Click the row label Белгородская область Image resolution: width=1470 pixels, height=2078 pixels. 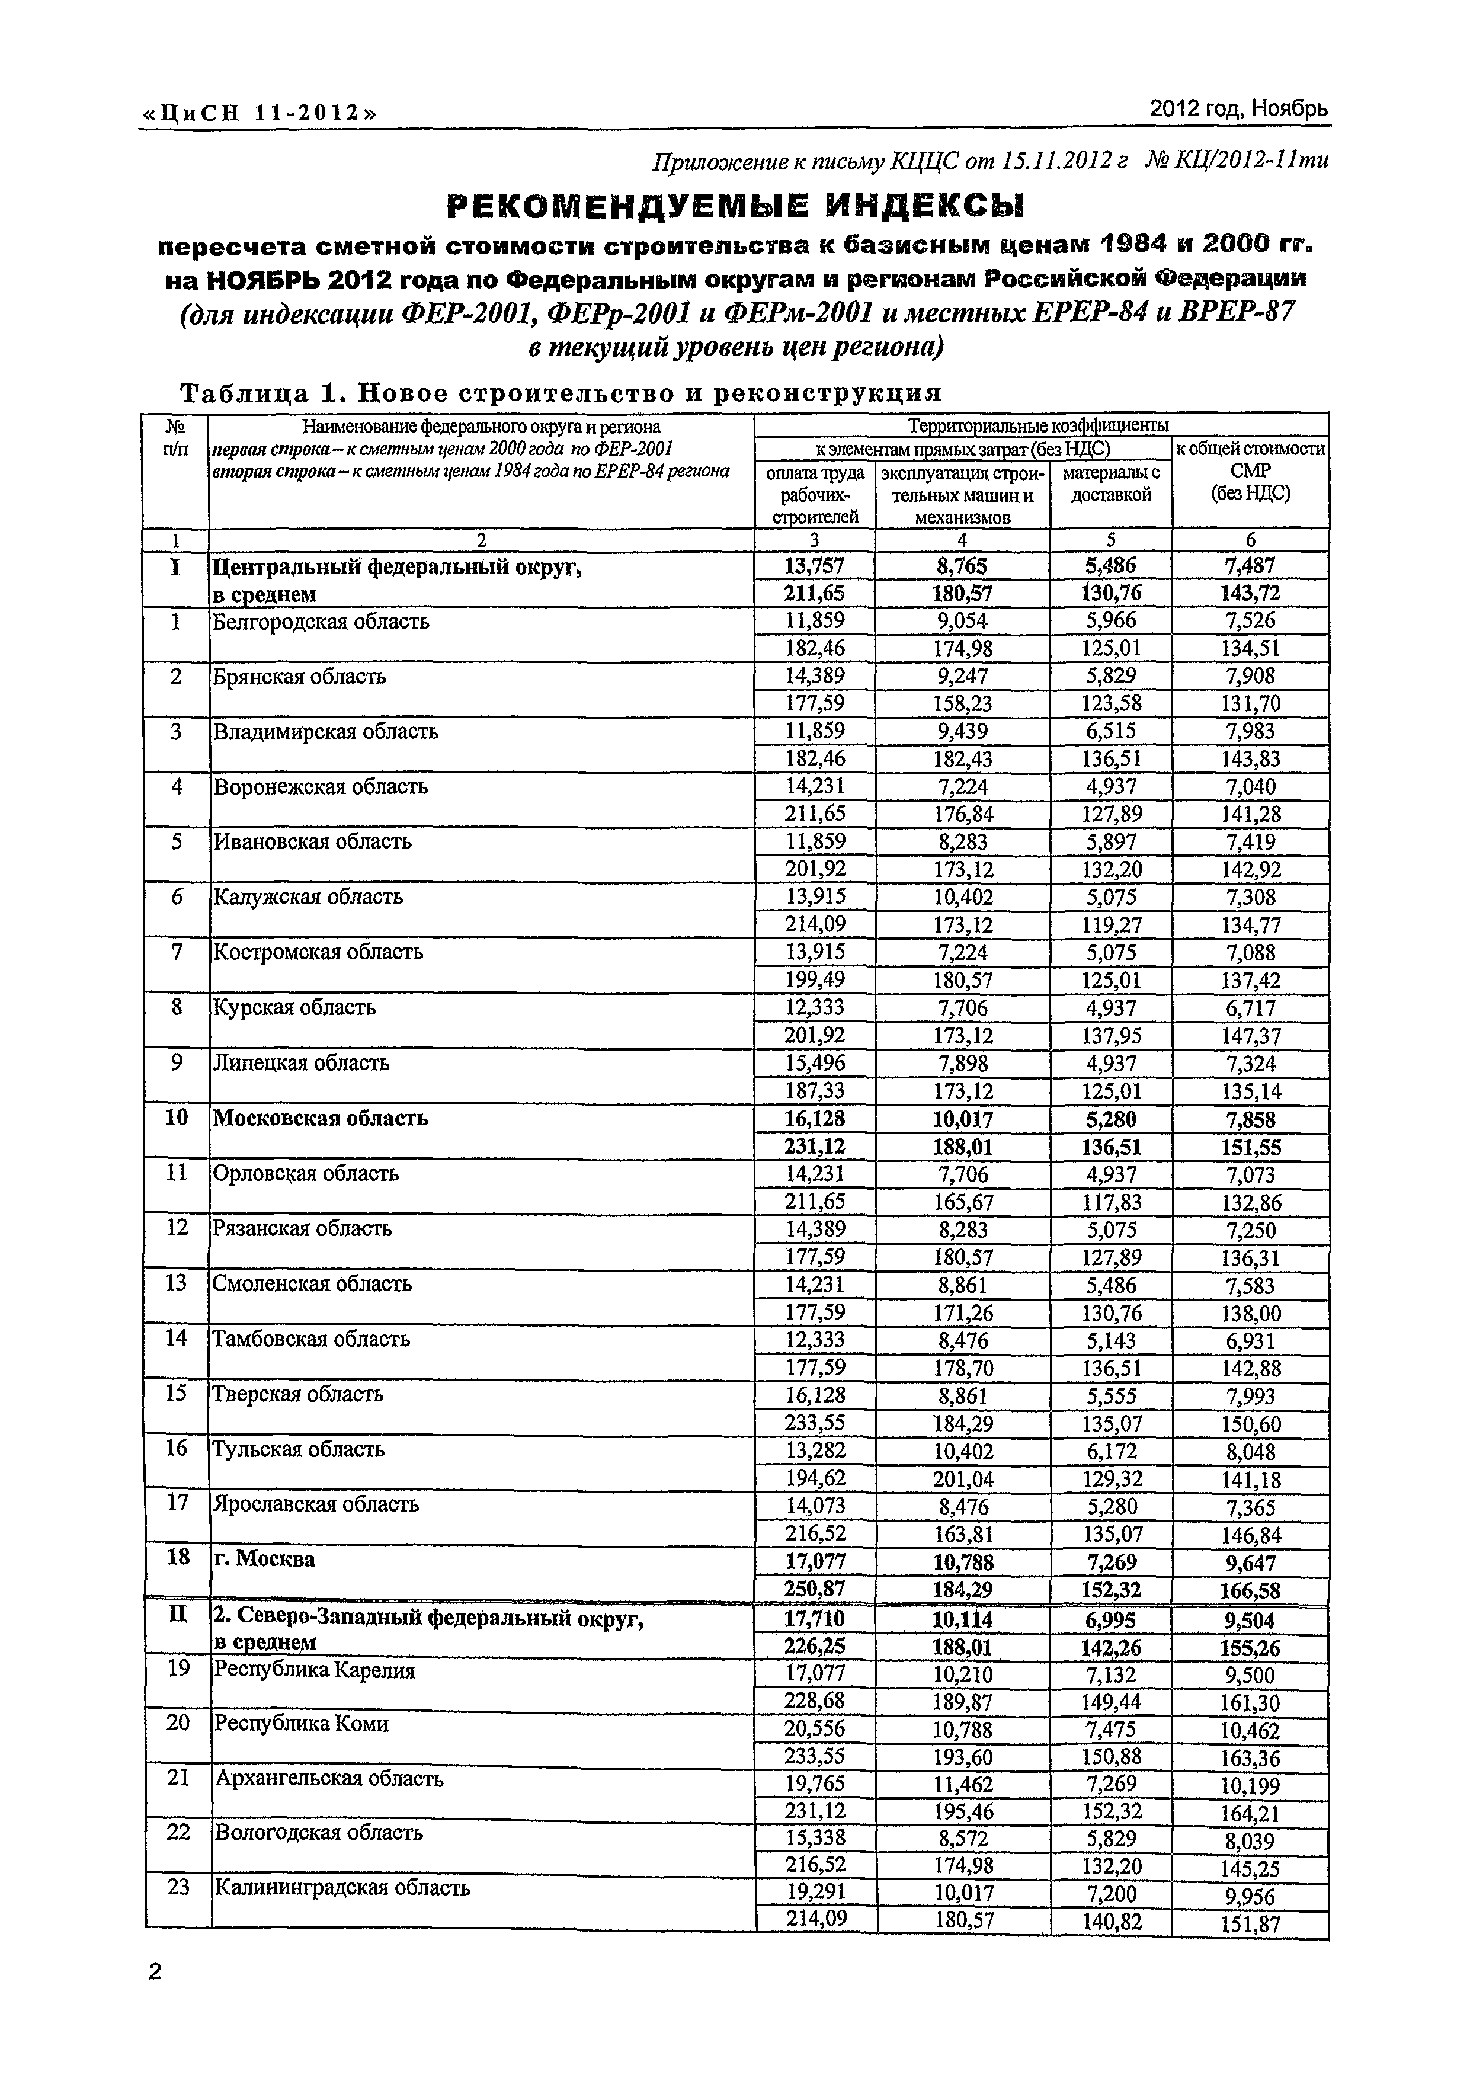coord(321,622)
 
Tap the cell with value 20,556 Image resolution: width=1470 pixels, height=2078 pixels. coord(815,1730)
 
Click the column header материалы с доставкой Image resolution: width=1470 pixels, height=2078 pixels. coord(1110,484)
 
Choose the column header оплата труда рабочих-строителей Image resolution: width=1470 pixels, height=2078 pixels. coord(815,494)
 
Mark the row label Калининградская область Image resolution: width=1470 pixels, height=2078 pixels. coord(341,1888)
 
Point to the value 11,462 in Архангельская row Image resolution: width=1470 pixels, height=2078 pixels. coord(962,1785)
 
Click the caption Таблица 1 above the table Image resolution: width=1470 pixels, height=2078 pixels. coord(561,393)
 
